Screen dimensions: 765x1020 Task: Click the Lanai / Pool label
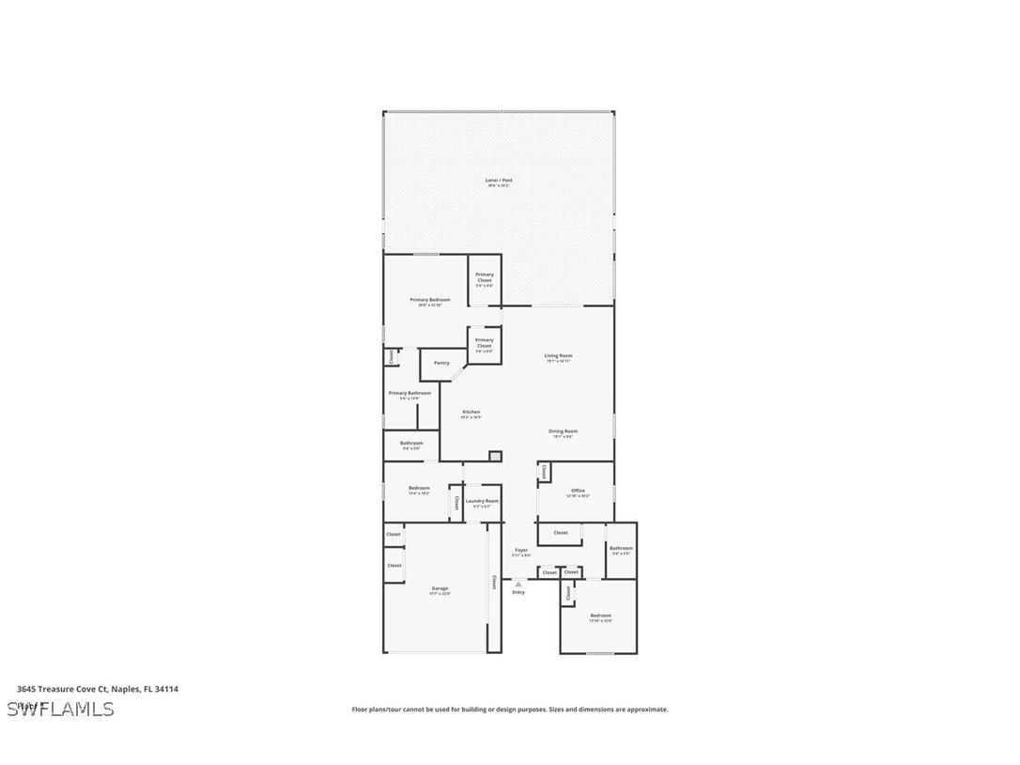[499, 180]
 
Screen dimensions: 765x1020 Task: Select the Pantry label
[441, 363]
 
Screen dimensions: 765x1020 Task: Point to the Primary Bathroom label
[410, 393]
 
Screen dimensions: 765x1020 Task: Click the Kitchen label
[471, 413]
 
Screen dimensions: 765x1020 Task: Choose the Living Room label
[558, 356]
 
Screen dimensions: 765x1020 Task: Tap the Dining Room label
[564, 431]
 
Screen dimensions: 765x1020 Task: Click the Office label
[578, 491]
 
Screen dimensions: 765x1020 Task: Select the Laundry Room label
[482, 501]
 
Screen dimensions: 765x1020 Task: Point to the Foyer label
[521, 550]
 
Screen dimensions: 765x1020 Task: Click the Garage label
[440, 588]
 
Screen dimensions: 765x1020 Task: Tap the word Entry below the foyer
[518, 592]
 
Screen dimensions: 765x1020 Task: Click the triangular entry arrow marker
[518, 584]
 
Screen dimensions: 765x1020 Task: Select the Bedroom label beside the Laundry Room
[419, 488]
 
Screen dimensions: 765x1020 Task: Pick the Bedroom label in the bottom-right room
[600, 616]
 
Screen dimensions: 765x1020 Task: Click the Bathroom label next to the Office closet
[621, 548]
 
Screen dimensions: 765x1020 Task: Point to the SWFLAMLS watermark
[60, 709]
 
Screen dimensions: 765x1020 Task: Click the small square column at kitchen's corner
[495, 457]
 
